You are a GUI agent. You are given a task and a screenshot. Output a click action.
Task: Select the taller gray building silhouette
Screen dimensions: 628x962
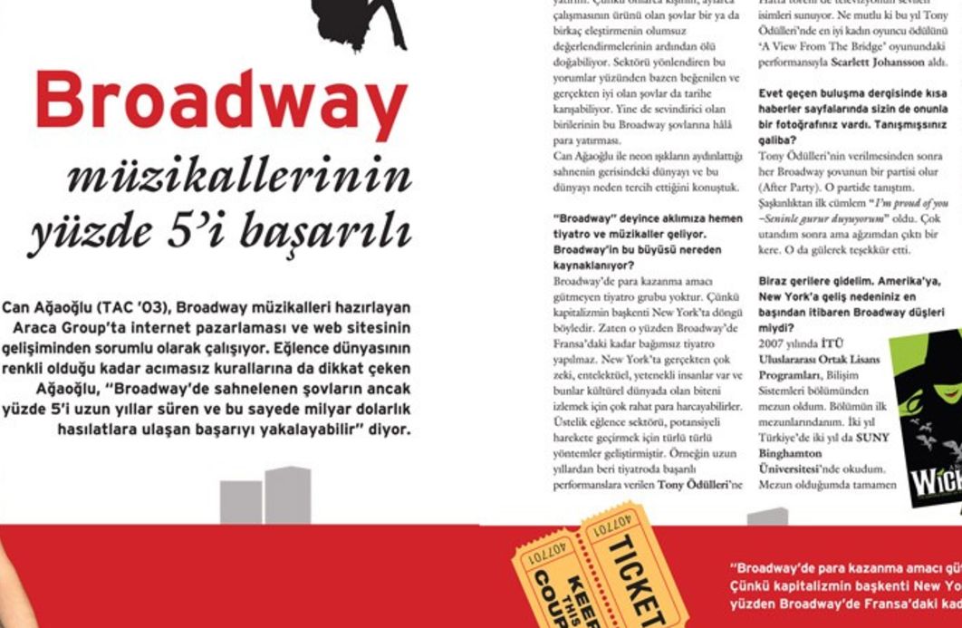tap(287, 495)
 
